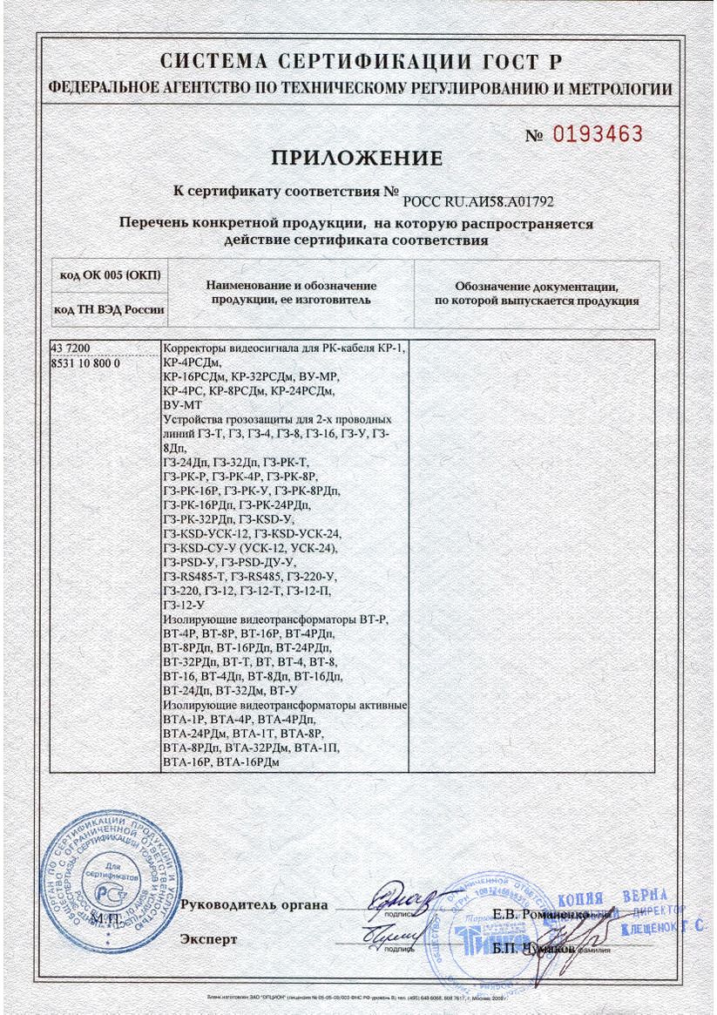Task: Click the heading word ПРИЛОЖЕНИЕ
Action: point(357,159)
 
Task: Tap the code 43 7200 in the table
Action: point(72,349)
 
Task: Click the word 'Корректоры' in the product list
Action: point(197,349)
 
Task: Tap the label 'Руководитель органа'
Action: point(254,904)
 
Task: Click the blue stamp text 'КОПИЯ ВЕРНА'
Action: point(611,897)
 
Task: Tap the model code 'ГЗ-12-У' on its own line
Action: point(183,603)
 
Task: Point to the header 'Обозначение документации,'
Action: point(537,286)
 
